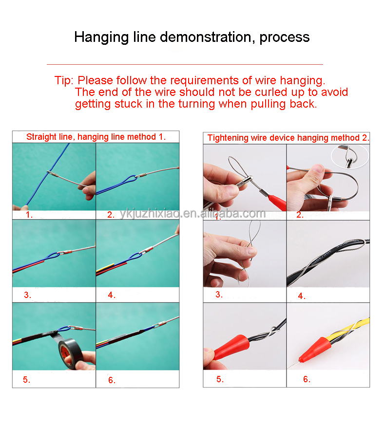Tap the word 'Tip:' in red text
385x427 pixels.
[x=64, y=80]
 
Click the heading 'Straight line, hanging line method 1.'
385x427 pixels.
[x=96, y=137]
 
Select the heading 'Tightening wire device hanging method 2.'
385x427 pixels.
[x=288, y=138]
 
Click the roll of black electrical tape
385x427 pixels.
[x=71, y=354]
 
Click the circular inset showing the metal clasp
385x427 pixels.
[x=350, y=156]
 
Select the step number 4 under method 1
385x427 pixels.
[x=112, y=295]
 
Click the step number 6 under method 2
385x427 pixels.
[x=307, y=379]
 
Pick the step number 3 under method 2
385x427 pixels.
[x=219, y=295]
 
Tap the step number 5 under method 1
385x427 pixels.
[x=26, y=380]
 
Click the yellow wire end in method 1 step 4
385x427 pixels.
[x=105, y=268]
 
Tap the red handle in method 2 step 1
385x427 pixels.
[x=277, y=203]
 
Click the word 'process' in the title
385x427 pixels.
[x=285, y=37]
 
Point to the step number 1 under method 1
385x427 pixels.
[x=29, y=215]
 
